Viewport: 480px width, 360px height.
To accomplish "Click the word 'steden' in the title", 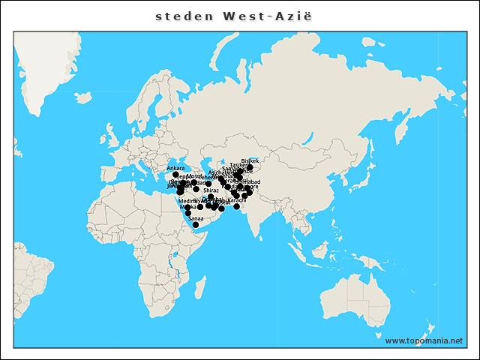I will [x=179, y=15].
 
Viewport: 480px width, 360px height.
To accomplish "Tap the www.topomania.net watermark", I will [x=424, y=340].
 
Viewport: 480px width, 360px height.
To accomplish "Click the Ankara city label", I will [x=175, y=168].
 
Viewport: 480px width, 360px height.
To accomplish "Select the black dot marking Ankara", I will [x=175, y=175].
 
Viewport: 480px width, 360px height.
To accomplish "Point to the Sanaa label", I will [x=195, y=217].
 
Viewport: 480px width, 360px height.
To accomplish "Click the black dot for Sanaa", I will [x=196, y=224].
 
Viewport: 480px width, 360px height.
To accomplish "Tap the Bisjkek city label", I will [x=250, y=160].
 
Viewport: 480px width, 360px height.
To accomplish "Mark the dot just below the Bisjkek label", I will [x=250, y=167].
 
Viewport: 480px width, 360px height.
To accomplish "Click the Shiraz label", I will [x=211, y=190].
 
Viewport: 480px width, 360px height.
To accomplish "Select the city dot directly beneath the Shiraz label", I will [x=211, y=197].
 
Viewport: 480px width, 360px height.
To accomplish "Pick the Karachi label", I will [x=236, y=199].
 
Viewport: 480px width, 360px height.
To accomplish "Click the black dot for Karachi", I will [x=236, y=206].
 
